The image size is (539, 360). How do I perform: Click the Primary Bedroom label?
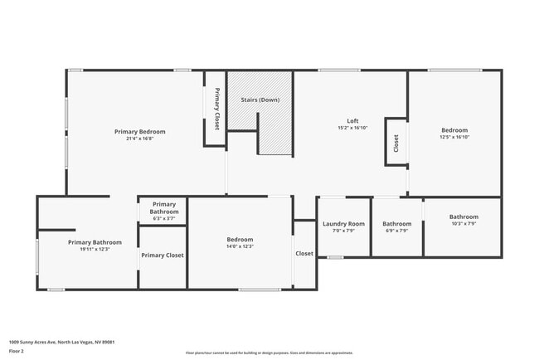point(139,131)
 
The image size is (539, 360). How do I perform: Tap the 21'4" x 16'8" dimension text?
point(139,139)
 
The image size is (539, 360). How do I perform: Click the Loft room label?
point(352,120)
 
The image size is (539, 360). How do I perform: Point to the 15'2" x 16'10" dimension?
point(352,128)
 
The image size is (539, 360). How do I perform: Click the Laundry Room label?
point(343,223)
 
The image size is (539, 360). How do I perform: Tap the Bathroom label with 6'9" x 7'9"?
point(396,223)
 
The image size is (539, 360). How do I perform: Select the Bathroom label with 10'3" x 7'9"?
point(464,216)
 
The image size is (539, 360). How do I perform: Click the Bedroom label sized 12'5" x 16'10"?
point(454,130)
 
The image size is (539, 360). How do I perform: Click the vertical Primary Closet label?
point(216,109)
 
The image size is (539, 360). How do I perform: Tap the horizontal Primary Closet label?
point(163,255)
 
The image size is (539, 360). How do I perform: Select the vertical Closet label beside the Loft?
point(396,144)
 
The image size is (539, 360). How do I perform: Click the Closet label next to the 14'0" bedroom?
point(304,254)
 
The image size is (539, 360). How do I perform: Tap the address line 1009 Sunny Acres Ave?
point(61,341)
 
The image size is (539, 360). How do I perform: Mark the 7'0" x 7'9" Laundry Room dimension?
point(343,231)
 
